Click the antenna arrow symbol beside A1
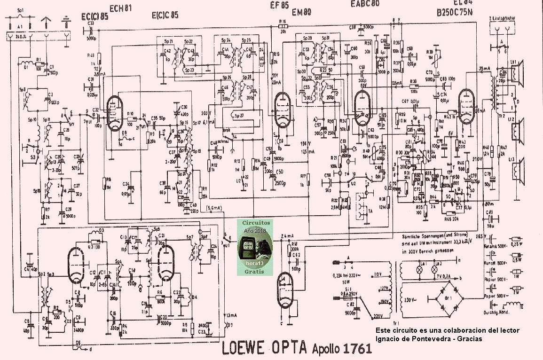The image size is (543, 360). (x=46, y=21)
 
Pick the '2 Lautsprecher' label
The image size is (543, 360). (x=503, y=18)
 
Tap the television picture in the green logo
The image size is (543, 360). (x=250, y=246)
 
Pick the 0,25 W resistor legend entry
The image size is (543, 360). (x=529, y=245)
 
